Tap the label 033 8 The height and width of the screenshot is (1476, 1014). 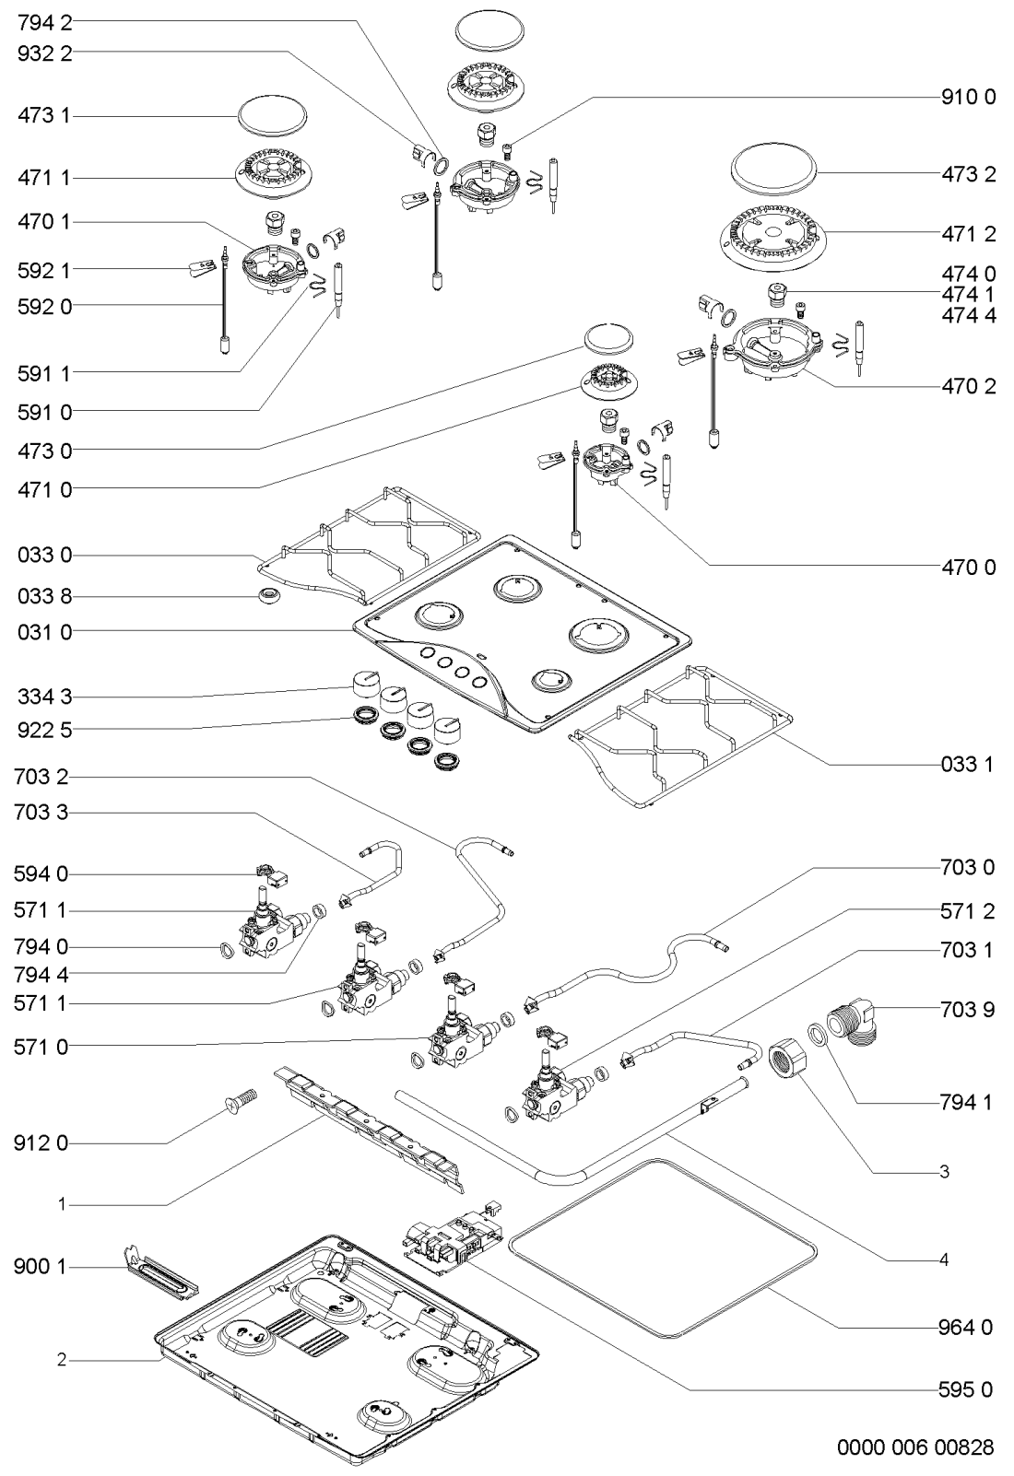click(44, 596)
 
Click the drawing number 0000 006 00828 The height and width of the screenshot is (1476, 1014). click(915, 1448)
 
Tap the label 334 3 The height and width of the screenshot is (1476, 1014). click(44, 697)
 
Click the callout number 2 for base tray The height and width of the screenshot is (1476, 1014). click(62, 1359)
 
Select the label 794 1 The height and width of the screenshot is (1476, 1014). click(967, 1101)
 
